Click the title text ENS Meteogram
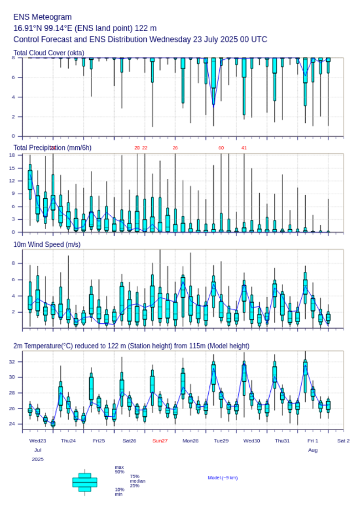pyautogui.click(x=43, y=17)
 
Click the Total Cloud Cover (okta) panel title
pyautogui.click(x=49, y=53)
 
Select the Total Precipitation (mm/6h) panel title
pyautogui.click(x=53, y=148)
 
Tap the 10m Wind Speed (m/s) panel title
pyautogui.click(x=47, y=244)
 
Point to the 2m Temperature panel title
pyautogui.click(x=131, y=346)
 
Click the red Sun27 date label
pyautogui.click(x=160, y=441)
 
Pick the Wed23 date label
pyautogui.click(x=38, y=441)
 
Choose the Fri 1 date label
pyautogui.click(x=313, y=441)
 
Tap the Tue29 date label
pyautogui.click(x=221, y=441)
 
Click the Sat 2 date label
pyautogui.click(x=343, y=441)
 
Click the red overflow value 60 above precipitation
pyautogui.click(x=221, y=148)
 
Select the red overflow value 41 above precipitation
pyautogui.click(x=244, y=148)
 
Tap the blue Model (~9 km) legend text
pyautogui.click(x=223, y=478)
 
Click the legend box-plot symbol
pyautogui.click(x=85, y=482)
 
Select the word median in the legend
pyautogui.click(x=137, y=481)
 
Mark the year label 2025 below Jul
pyautogui.click(x=38, y=459)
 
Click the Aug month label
pyautogui.click(x=313, y=451)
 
